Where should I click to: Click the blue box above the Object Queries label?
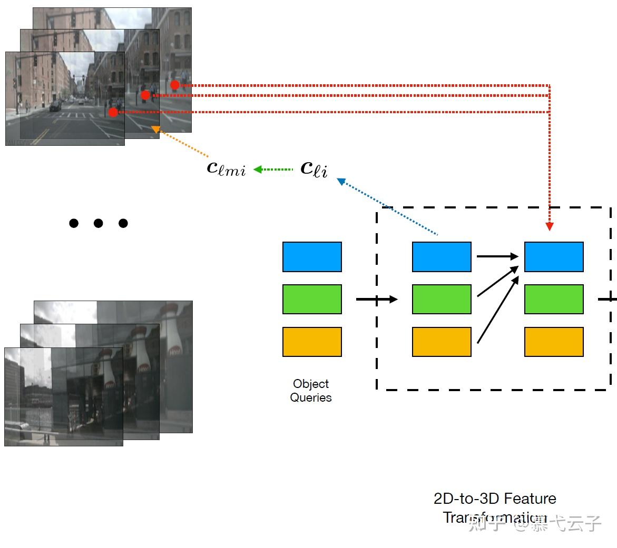[312, 257]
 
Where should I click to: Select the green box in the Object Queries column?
[312, 299]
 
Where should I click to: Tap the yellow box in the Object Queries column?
[312, 342]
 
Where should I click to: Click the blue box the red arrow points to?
[554, 257]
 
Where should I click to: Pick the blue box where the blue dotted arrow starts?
[442, 257]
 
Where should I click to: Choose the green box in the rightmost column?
[554, 299]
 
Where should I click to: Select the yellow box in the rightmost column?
[554, 342]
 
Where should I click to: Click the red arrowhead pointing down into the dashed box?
[550, 226]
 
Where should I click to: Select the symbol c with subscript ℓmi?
[226, 168]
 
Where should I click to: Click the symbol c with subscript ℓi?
[314, 169]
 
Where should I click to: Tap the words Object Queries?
[311, 391]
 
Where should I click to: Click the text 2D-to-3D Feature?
[495, 499]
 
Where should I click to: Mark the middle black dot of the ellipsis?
[99, 223]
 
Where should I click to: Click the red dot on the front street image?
[113, 112]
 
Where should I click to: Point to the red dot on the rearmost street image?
[175, 85]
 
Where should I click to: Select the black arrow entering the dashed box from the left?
[377, 300]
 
